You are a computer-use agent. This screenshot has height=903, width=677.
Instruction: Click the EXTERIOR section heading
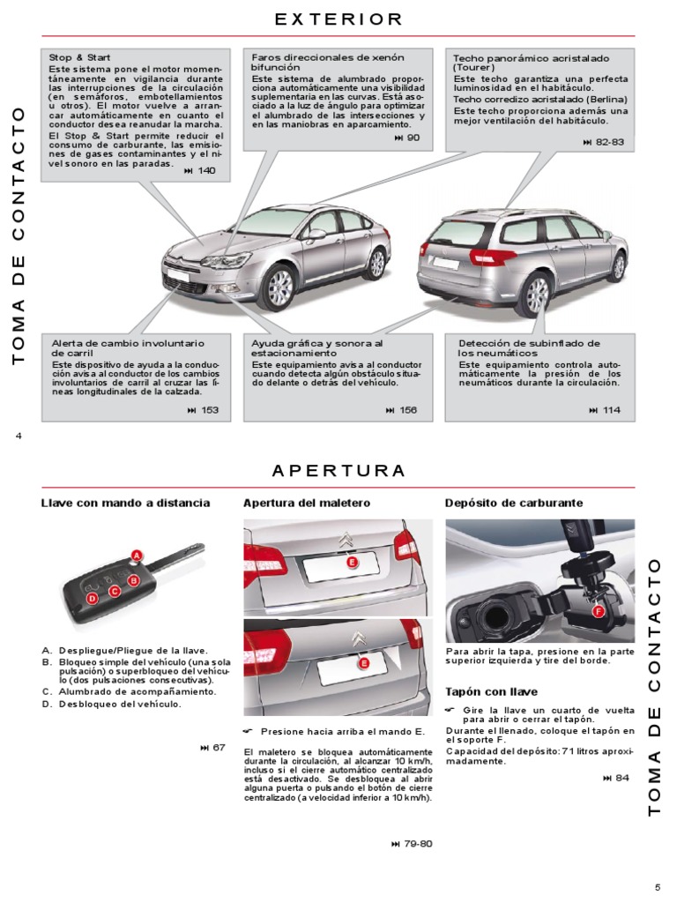pyautogui.click(x=338, y=19)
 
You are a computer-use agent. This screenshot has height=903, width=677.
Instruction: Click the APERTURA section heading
pyautogui.click(x=338, y=470)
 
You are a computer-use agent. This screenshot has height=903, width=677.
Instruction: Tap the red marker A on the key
pyautogui.click(x=136, y=554)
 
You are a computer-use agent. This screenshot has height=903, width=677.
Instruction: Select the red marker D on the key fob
pyautogui.click(x=91, y=599)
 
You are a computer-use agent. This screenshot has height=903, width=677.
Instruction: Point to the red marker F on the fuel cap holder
pyautogui.click(x=597, y=611)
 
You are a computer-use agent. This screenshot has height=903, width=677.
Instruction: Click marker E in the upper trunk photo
pyautogui.click(x=351, y=562)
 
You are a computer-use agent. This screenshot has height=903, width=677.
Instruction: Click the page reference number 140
pyautogui.click(x=206, y=170)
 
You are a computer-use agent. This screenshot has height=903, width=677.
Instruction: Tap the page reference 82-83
pyautogui.click(x=609, y=142)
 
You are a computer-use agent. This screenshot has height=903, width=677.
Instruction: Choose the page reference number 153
pyautogui.click(x=210, y=410)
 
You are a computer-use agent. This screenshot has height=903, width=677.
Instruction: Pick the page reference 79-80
pyautogui.click(x=418, y=844)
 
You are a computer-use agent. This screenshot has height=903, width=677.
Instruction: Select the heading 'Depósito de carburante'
pyautogui.click(x=502, y=503)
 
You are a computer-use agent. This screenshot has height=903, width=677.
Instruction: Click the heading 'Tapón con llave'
pyautogui.click(x=491, y=692)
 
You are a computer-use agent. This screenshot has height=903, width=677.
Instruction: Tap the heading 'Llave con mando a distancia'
pyautogui.click(x=125, y=503)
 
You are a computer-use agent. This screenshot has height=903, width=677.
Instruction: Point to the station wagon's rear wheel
pyautogui.click(x=534, y=293)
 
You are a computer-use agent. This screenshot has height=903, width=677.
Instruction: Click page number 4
pyautogui.click(x=18, y=436)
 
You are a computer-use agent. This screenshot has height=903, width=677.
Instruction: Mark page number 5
pyautogui.click(x=657, y=887)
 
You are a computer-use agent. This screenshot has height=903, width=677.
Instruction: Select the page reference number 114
pyautogui.click(x=611, y=410)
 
